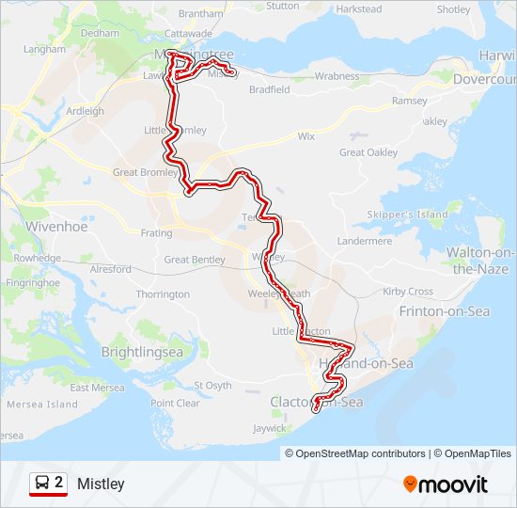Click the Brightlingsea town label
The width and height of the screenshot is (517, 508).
point(142,352)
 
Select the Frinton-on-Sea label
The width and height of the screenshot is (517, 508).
point(445,311)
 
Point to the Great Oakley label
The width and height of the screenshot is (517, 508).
point(368,152)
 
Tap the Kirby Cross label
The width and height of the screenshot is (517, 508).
point(408,292)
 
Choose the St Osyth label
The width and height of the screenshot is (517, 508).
point(212,385)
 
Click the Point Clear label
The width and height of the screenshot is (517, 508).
point(176,403)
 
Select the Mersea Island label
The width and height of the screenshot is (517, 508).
point(41,405)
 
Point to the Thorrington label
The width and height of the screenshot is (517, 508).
point(163,294)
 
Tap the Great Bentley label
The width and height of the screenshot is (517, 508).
point(195,260)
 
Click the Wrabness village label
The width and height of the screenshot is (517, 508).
point(337,75)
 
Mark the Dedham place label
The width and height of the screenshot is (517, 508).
point(101,32)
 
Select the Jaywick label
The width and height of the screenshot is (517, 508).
point(269,428)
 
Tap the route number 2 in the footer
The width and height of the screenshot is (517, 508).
point(59,483)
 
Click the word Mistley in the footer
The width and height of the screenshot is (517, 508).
point(101,484)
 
